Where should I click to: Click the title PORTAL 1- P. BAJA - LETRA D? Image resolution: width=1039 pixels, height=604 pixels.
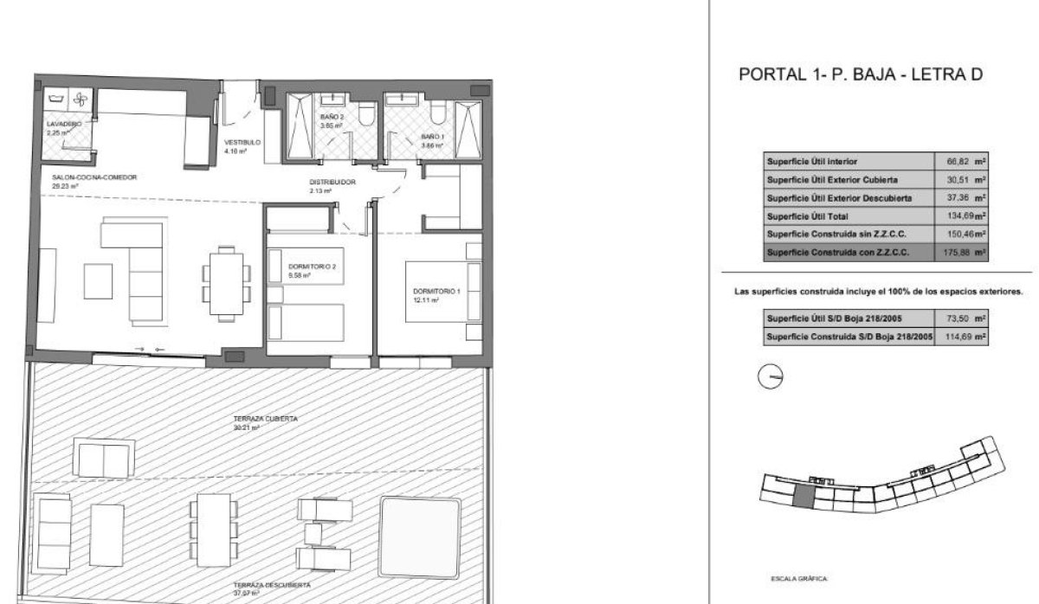tap(860, 75)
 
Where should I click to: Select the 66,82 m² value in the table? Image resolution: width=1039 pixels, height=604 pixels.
tap(962, 161)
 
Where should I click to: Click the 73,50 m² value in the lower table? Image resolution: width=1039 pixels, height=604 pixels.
tap(962, 319)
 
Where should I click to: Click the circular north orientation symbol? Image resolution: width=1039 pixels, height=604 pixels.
tap(769, 376)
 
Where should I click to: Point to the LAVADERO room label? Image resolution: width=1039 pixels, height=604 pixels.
tap(64, 125)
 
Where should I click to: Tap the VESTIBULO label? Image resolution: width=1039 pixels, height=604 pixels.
tap(242, 143)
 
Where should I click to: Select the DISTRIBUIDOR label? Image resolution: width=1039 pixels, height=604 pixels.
tap(332, 183)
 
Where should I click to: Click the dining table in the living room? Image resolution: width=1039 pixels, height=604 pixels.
tap(227, 275)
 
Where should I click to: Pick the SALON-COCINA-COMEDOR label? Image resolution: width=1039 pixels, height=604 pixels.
tap(94, 177)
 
